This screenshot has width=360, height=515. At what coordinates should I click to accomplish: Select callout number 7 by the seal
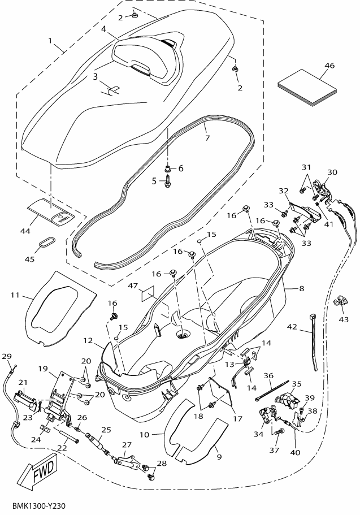coord(207,137)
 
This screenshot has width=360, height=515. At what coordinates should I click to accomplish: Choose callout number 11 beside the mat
coord(15,295)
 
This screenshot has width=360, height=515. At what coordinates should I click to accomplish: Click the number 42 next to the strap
coord(292,326)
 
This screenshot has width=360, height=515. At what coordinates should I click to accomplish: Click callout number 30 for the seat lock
coord(332,172)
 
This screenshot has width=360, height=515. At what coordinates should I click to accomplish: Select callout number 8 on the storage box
coord(301,288)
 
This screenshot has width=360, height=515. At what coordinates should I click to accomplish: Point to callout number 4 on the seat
coord(104,28)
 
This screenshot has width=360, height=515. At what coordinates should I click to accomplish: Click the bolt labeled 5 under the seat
coord(168,184)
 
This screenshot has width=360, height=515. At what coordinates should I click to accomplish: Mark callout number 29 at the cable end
coord(6,356)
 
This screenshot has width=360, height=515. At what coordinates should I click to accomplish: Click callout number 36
coord(268,375)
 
